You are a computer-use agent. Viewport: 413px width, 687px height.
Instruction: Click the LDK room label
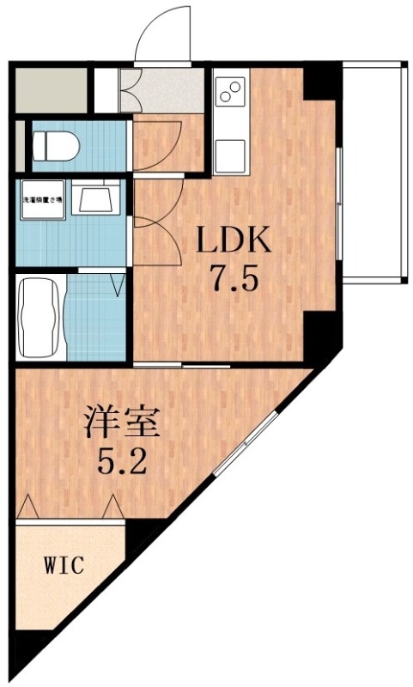click(x=235, y=241)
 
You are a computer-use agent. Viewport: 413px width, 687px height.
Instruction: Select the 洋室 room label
click(x=123, y=425)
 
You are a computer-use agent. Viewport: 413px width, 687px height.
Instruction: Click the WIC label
click(x=64, y=566)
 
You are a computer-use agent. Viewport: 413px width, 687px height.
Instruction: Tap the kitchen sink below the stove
click(x=230, y=155)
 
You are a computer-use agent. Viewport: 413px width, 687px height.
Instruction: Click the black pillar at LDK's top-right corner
click(x=323, y=82)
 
